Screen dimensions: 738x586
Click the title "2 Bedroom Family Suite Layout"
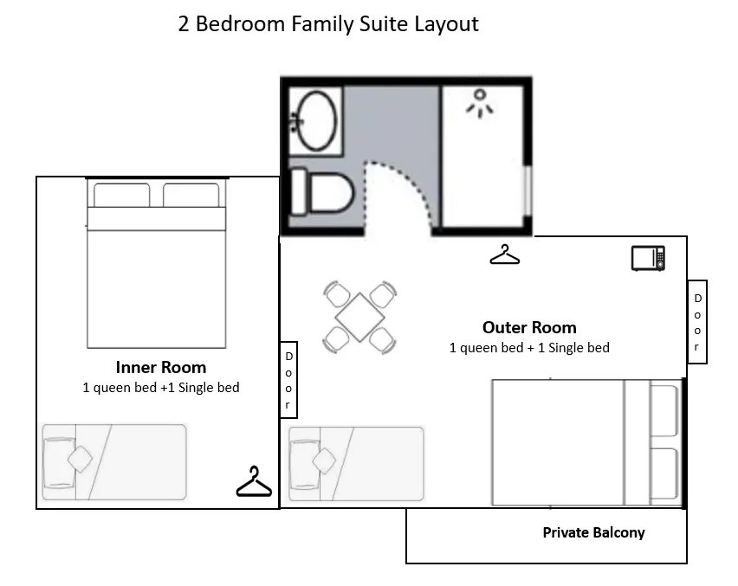tap(328, 24)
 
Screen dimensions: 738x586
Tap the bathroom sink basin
tap(317, 121)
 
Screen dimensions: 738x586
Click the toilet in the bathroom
tap(322, 192)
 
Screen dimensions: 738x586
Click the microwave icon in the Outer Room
tap(648, 258)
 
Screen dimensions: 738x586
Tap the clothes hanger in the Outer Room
tap(504, 254)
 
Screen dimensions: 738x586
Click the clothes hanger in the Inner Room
tap(254, 481)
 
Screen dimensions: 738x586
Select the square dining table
tap(360, 317)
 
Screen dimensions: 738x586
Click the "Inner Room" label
tap(161, 367)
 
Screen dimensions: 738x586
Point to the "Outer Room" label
tap(529, 327)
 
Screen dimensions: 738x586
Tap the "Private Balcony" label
tap(594, 532)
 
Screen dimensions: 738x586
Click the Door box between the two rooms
tap(288, 380)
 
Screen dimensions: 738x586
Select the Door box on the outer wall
tap(697, 322)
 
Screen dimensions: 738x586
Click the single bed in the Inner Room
tap(114, 462)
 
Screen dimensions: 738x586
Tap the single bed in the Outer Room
tap(356, 464)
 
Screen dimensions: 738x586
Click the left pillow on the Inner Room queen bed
tap(122, 195)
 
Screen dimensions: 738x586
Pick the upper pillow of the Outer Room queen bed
tap(664, 410)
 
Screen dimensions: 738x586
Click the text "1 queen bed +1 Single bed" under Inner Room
tap(161, 388)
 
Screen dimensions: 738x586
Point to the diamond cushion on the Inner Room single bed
tap(80, 459)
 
